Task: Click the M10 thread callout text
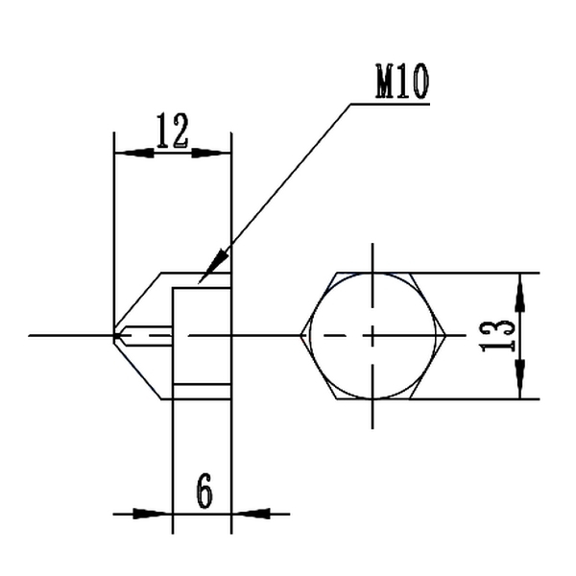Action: click(401, 84)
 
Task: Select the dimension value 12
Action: click(172, 131)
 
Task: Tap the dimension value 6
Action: click(204, 492)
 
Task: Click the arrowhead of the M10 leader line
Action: click(218, 260)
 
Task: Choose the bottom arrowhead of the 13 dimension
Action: click(519, 385)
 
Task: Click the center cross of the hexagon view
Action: click(373, 335)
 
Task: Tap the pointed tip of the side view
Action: click(114, 335)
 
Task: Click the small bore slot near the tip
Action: click(149, 335)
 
